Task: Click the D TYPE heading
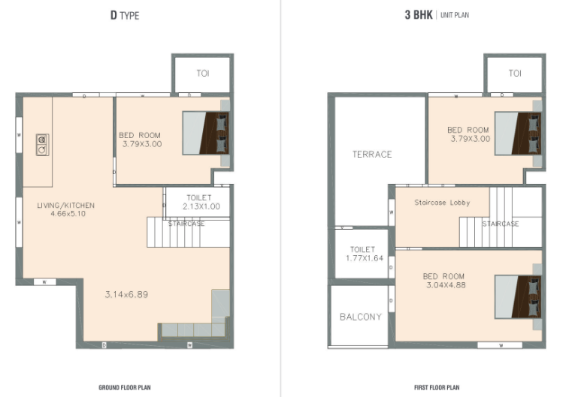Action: pyautogui.click(x=125, y=15)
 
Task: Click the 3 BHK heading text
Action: pyautogui.click(x=419, y=15)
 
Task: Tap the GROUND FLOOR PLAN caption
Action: pyautogui.click(x=125, y=387)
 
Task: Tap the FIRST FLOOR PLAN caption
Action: pyautogui.click(x=437, y=387)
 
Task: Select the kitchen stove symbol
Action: pyautogui.click(x=43, y=145)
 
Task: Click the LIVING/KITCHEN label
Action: pyautogui.click(x=66, y=206)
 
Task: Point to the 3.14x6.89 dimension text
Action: pyautogui.click(x=126, y=294)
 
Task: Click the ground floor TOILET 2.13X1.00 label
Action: pyautogui.click(x=201, y=202)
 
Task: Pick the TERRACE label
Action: pyautogui.click(x=372, y=155)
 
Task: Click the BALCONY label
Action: pyautogui.click(x=361, y=317)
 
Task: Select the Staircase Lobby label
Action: pyautogui.click(x=442, y=203)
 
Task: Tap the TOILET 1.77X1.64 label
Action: pyautogui.click(x=364, y=254)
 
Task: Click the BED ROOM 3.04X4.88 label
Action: pyautogui.click(x=444, y=281)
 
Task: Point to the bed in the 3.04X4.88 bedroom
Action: pyautogui.click(x=518, y=296)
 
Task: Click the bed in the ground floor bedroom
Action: pyautogui.click(x=206, y=133)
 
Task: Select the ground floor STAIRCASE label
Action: pyautogui.click(x=186, y=224)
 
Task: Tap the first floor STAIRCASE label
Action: pyautogui.click(x=500, y=224)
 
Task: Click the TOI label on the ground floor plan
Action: pyautogui.click(x=203, y=74)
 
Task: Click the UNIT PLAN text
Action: pyautogui.click(x=455, y=15)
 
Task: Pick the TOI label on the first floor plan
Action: pyautogui.click(x=515, y=74)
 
